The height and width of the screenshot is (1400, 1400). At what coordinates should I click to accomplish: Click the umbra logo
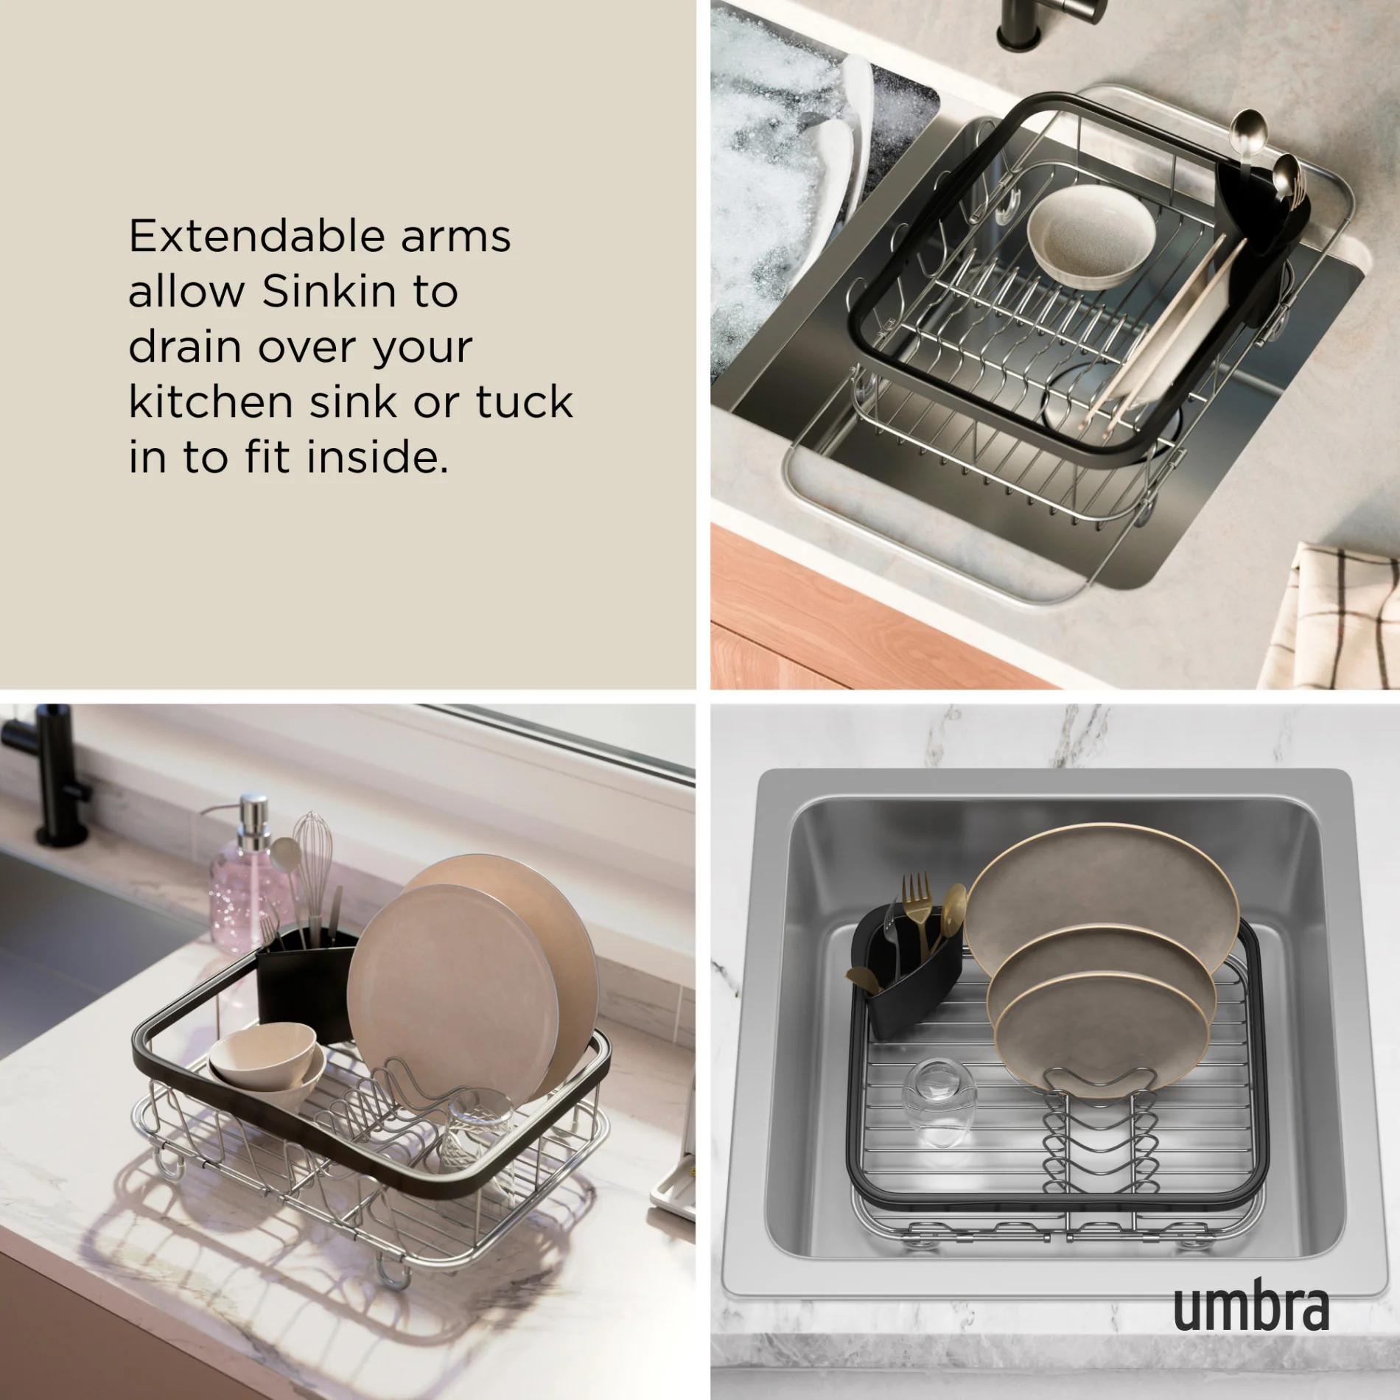pos(1250,1306)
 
